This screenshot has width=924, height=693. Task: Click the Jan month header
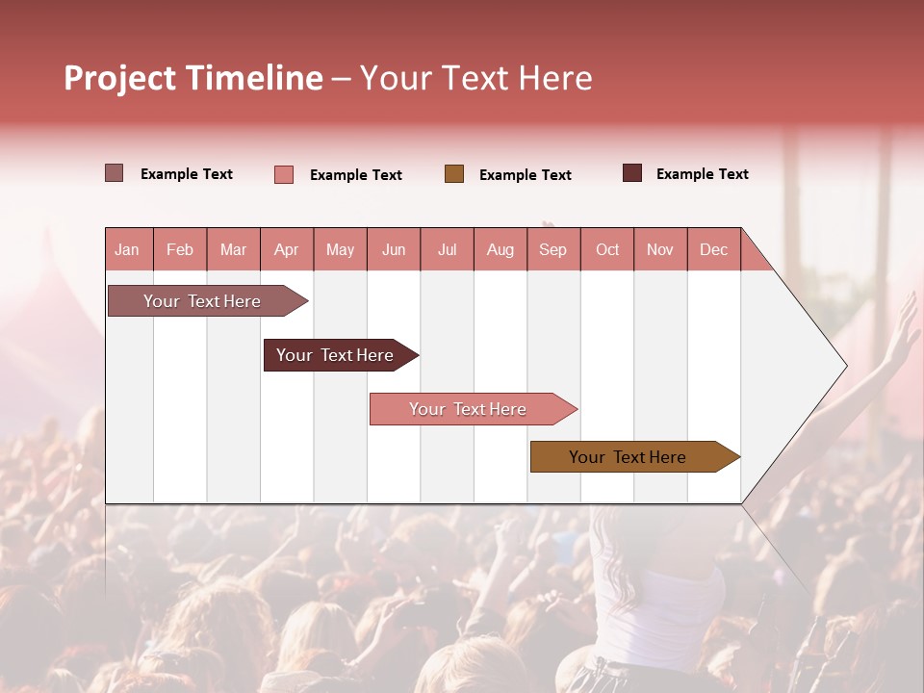127,249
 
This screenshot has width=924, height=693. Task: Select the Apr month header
287,249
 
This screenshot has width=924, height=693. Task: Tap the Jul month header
447,249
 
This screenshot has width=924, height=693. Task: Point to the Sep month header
552,249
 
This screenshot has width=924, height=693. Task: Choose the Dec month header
713,249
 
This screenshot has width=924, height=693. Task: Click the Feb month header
180,249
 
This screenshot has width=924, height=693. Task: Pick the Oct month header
607,249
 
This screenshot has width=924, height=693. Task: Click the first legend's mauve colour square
114,173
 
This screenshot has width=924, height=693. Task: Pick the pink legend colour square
283,174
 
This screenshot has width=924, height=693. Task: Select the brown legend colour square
454,174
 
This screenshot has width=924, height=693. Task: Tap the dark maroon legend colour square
632,173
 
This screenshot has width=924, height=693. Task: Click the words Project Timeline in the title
192,78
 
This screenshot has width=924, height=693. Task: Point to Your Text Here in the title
476,78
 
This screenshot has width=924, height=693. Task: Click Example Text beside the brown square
525,175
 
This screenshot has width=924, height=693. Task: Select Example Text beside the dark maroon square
702,174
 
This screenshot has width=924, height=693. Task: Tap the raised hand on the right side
903,327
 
